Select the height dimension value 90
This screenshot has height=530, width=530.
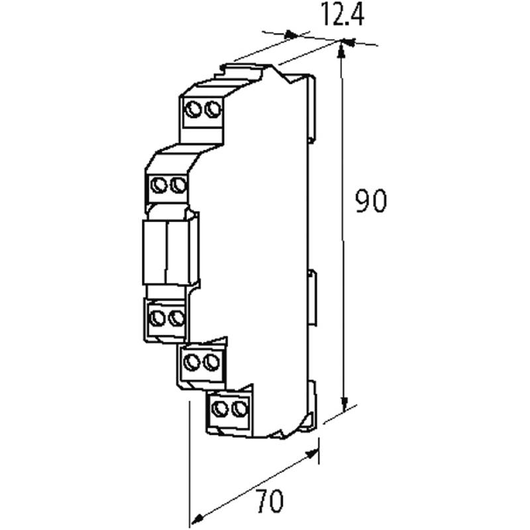click(x=370, y=201)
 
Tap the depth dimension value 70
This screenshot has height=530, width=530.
click(x=270, y=502)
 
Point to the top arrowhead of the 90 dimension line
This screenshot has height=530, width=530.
click(x=342, y=46)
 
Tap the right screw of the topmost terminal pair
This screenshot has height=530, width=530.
click(x=213, y=109)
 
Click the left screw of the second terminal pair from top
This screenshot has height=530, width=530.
click(x=160, y=185)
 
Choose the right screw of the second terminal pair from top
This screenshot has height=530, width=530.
click(x=176, y=185)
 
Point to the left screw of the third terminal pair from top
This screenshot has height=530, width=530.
click(x=158, y=319)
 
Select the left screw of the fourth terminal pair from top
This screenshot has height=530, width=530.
click(x=193, y=362)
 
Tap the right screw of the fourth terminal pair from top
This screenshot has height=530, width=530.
click(x=210, y=362)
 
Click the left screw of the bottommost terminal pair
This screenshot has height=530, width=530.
click(x=222, y=408)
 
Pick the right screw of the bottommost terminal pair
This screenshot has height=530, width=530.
click(x=239, y=408)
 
